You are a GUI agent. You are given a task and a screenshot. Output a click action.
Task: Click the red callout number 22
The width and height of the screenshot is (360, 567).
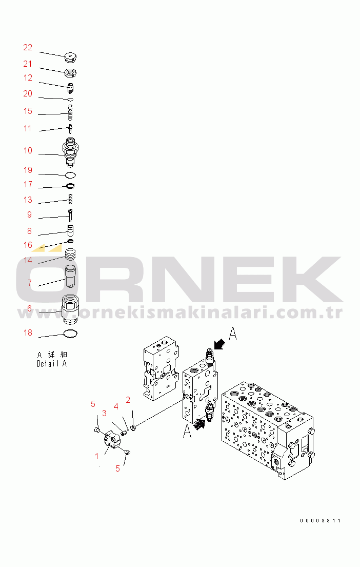coord(28,47)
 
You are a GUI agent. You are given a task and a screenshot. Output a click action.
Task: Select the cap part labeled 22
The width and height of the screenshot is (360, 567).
coord(70,57)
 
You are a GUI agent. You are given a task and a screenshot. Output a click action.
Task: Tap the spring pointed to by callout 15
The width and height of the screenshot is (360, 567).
coord(71,112)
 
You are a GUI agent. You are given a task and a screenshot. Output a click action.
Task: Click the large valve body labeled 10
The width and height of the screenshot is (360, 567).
coord(70,151)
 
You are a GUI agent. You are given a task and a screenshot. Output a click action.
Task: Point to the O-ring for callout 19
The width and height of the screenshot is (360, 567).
coord(71,175)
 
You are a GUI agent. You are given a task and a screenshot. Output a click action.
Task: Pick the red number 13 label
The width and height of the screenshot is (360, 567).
coord(28,200)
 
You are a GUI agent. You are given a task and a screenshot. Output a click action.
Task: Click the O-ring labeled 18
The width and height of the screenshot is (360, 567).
coord(70,334)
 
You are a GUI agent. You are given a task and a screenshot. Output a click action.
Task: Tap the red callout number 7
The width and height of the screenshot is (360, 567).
coord(30,283)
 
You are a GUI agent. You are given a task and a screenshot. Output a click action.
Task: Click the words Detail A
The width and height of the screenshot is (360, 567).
coord(52,364)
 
